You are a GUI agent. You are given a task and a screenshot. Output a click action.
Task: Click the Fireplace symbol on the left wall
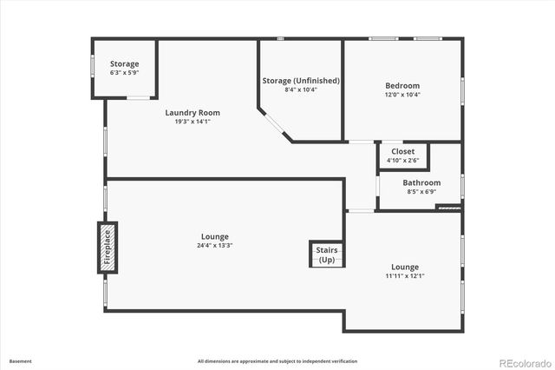pyautogui.click(x=107, y=248)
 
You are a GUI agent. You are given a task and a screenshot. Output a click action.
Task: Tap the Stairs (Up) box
pyautogui.click(x=327, y=254)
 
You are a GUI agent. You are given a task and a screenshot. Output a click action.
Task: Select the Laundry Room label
pyautogui.click(x=193, y=112)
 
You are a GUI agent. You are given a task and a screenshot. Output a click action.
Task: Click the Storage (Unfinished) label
pyautogui.click(x=301, y=81)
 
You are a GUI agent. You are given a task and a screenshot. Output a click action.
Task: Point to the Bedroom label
pyautogui.click(x=402, y=85)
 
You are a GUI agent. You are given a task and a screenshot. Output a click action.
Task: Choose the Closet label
pyautogui.click(x=402, y=151)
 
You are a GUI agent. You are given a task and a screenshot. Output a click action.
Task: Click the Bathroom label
pyautogui.click(x=421, y=182)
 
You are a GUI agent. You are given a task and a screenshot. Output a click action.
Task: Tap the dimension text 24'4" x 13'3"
pyautogui.click(x=214, y=246)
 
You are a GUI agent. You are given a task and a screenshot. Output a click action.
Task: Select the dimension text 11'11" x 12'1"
pyautogui.click(x=405, y=275)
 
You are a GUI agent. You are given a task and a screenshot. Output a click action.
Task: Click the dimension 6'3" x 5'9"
pyautogui.click(x=124, y=72)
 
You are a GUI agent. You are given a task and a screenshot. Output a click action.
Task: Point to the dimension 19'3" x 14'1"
pyautogui.click(x=193, y=122)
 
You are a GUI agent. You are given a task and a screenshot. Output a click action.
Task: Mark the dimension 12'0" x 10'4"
pyautogui.click(x=402, y=95)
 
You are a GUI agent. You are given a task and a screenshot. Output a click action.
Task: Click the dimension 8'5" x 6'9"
pyautogui.click(x=421, y=191)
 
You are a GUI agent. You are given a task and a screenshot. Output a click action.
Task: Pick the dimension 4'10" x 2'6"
pyautogui.click(x=402, y=160)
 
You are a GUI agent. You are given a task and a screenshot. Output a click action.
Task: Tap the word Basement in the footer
pyautogui.click(x=20, y=361)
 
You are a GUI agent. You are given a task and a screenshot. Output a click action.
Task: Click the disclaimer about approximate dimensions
pyautogui.click(x=277, y=361)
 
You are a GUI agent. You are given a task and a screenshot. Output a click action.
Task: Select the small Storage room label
pyautogui.click(x=124, y=63)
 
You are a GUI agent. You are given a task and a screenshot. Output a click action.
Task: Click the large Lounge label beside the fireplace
pyautogui.click(x=214, y=236)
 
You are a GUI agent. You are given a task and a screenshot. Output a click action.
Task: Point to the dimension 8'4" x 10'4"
pyautogui.click(x=301, y=89)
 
